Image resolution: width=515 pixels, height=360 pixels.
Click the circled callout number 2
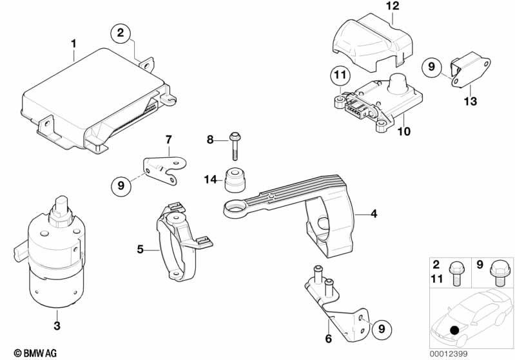121,33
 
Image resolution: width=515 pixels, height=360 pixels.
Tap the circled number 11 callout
340,75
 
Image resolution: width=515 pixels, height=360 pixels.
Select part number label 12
393,6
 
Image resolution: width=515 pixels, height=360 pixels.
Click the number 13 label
470,100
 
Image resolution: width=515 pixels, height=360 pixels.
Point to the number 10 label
404,131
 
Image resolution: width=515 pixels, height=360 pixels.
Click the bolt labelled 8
235,146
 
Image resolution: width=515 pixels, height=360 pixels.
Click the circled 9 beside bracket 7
121,185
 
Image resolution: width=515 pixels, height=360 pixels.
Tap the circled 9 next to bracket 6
382,328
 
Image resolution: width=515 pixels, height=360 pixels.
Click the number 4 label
374,214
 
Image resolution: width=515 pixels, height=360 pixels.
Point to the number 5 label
141,249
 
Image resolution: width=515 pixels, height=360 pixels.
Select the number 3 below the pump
57,325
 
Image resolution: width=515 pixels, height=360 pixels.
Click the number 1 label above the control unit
73,43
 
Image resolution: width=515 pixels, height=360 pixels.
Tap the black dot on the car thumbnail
454,330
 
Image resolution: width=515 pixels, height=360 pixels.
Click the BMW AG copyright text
35,353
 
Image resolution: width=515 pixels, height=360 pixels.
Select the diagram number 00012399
449,354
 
